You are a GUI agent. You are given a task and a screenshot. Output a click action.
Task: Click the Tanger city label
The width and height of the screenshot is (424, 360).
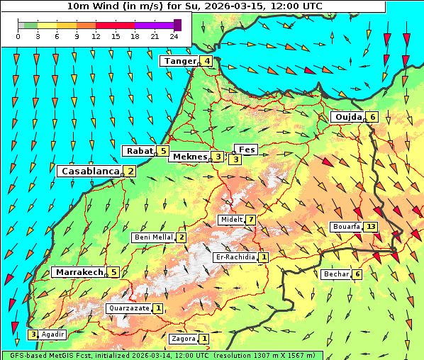[179, 61]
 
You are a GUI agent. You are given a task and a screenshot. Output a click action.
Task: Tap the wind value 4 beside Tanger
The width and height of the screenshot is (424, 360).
[206, 61]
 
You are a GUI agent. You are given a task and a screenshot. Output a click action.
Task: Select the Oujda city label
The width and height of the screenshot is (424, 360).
[348, 117]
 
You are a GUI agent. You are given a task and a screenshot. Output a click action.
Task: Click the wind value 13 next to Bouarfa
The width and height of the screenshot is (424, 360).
[371, 227]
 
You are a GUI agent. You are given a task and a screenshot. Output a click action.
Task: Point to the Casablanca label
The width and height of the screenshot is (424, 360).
[89, 171]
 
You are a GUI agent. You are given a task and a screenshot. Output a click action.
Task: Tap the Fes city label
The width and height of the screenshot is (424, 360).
[247, 150]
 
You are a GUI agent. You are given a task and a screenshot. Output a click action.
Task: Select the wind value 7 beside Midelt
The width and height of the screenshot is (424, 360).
[251, 220]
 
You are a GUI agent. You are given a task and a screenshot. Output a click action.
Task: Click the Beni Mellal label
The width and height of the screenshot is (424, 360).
[153, 237]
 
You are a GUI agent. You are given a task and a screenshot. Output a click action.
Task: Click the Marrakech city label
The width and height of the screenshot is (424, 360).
[79, 272]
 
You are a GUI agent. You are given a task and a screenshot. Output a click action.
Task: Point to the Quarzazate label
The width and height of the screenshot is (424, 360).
[128, 308]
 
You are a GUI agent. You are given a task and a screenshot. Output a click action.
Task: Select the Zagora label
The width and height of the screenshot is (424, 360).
[184, 339]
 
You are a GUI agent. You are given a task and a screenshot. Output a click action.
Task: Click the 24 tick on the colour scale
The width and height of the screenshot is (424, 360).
[174, 36]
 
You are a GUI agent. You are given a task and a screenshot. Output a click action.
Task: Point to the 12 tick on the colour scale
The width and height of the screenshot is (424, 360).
[96, 36]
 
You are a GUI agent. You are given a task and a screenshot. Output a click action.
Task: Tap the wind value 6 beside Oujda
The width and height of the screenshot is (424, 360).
[373, 117]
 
